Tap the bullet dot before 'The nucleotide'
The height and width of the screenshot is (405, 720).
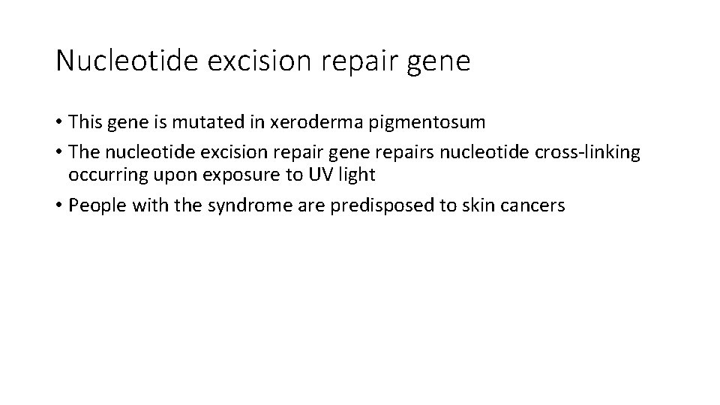[59, 153]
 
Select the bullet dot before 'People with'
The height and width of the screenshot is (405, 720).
[59, 206]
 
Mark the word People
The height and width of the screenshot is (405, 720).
[93, 206]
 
